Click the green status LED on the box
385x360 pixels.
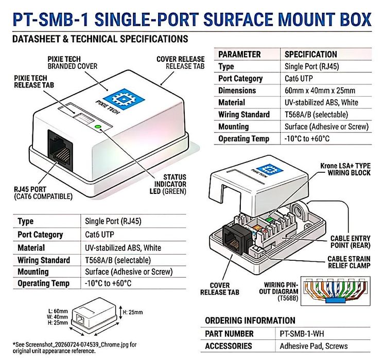coord(98,127)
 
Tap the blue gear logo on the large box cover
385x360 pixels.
coord(124,99)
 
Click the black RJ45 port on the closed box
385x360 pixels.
coord(60,151)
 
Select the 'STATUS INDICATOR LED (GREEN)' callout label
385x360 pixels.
coord(168,184)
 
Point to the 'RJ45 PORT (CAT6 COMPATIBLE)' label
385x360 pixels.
coord(43,193)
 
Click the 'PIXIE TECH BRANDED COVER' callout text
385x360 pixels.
coord(73,63)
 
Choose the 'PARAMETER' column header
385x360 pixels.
coord(239,54)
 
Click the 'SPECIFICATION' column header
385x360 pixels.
coord(310,54)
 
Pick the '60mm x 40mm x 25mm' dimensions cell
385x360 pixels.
coord(320,91)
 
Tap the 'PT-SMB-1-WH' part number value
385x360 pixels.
coord(302,334)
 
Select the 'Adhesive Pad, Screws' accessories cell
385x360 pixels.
coord(313,346)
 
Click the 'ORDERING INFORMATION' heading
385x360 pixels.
coord(250,320)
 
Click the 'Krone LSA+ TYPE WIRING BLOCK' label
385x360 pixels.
coord(345,169)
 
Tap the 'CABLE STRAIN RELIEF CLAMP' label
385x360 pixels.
coord(349,262)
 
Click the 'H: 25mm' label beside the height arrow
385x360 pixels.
coord(133,312)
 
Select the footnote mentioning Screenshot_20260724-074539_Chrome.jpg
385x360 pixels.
coord(75,348)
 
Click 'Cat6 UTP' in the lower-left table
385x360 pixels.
coord(99,235)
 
